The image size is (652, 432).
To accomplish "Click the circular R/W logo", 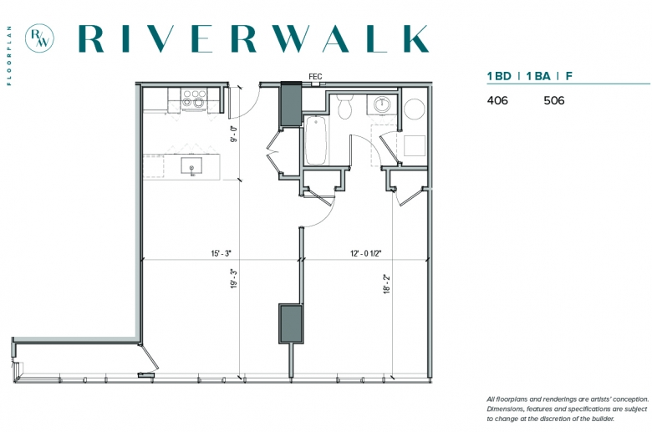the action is pos(39,38).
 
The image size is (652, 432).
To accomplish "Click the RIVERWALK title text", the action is pos(253,38).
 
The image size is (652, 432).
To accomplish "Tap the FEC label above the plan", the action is pos(315,77).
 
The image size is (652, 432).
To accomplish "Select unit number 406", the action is pos(497,100).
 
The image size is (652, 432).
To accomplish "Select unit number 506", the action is pos(554,100).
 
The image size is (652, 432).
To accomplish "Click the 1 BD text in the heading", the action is pos(499,76).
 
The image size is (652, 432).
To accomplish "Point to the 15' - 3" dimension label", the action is pos(221,253).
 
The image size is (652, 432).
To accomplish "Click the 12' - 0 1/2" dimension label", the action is pos(366,253).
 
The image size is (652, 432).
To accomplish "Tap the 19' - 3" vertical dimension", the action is pos(234,278).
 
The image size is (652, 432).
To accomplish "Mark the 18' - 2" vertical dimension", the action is pos(387,284).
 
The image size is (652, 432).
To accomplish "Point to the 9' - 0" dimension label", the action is pos(234,134).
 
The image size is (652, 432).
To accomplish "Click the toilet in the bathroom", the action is pos(344,107).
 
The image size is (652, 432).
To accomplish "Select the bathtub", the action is pos(316,140).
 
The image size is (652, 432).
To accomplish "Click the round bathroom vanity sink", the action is pos(382,104).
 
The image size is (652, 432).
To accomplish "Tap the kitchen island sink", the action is pos(191,165).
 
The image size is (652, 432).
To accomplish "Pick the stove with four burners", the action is pos(194,99).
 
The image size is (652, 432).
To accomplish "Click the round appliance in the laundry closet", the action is pos(414,109).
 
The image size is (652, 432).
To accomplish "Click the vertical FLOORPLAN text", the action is pos(9,56).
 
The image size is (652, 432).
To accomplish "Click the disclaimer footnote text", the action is pos(568,409).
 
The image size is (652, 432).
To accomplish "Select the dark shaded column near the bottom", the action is pos(291,324).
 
